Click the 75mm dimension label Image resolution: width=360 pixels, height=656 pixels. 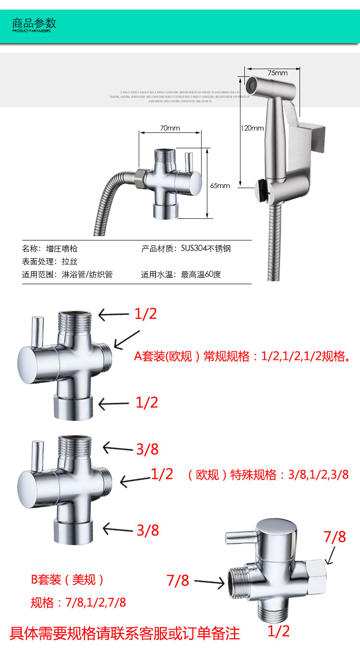(x=277, y=73)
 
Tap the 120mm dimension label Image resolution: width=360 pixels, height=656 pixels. (x=252, y=128)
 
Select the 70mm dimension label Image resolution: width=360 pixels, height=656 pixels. (x=170, y=128)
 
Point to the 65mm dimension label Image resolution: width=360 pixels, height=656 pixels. (x=220, y=185)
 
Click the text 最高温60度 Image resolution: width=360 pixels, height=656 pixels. (x=201, y=275)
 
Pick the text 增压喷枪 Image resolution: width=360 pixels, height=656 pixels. (x=62, y=249)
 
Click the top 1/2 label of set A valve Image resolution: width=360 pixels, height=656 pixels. (x=146, y=314)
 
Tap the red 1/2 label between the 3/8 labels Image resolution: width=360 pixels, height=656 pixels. (x=162, y=474)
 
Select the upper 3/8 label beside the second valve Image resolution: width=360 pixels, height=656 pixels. (x=147, y=450)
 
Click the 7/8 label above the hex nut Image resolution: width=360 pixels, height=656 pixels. (x=335, y=537)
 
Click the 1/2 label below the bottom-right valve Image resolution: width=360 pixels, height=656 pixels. (x=278, y=632)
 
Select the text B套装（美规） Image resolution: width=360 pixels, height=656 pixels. (x=68, y=580)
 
